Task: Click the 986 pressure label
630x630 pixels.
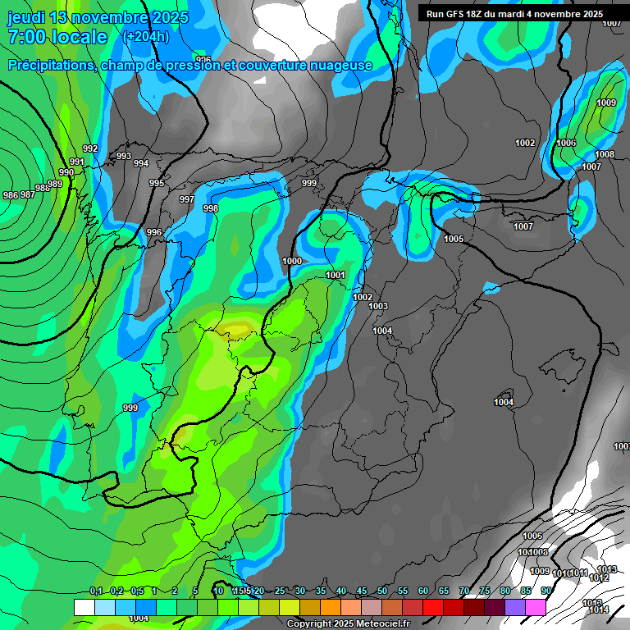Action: (x=11, y=194)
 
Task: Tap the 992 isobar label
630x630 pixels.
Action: (x=90, y=148)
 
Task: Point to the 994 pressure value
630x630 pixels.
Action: (x=141, y=163)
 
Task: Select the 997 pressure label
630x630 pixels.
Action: (x=187, y=199)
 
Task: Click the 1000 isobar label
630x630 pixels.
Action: (x=292, y=261)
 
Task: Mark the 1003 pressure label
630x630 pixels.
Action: (x=378, y=306)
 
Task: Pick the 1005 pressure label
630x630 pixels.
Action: (x=454, y=239)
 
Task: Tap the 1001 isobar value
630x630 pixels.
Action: (x=336, y=275)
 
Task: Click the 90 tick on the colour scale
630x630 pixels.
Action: (x=546, y=591)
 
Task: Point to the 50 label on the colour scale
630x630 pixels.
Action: (x=382, y=591)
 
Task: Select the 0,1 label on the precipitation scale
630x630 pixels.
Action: (x=96, y=591)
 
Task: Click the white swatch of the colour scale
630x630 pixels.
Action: (x=84, y=607)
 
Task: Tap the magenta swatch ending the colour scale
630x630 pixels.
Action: (x=536, y=607)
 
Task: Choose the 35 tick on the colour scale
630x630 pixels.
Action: (x=321, y=591)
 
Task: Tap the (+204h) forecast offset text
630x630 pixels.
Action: (x=145, y=36)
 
